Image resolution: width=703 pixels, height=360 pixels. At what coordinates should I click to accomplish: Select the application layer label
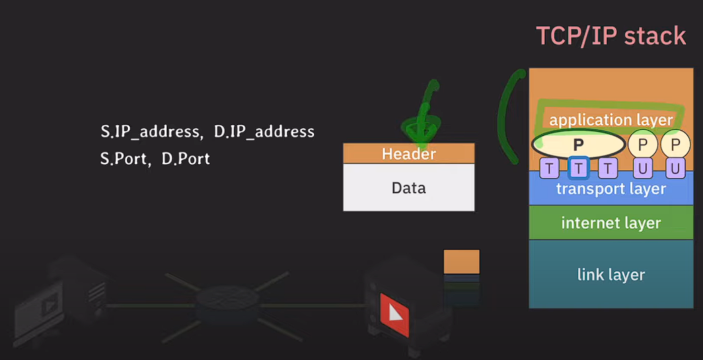(611, 120)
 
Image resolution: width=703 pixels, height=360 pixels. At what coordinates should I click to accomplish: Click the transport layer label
(611, 189)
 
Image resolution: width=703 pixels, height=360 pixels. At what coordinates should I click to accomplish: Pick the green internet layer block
(611, 223)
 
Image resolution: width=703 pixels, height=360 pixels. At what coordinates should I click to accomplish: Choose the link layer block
(611, 275)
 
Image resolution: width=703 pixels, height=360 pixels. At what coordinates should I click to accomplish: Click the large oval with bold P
(578, 143)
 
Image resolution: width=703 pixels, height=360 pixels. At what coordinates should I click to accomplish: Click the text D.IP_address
(264, 132)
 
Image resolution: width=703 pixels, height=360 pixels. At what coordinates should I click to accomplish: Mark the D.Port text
(186, 159)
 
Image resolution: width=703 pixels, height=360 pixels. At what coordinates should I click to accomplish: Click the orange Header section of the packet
(408, 154)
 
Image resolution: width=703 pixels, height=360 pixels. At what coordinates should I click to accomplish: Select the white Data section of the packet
(408, 188)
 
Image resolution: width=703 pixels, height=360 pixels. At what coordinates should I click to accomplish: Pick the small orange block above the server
(461, 261)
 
